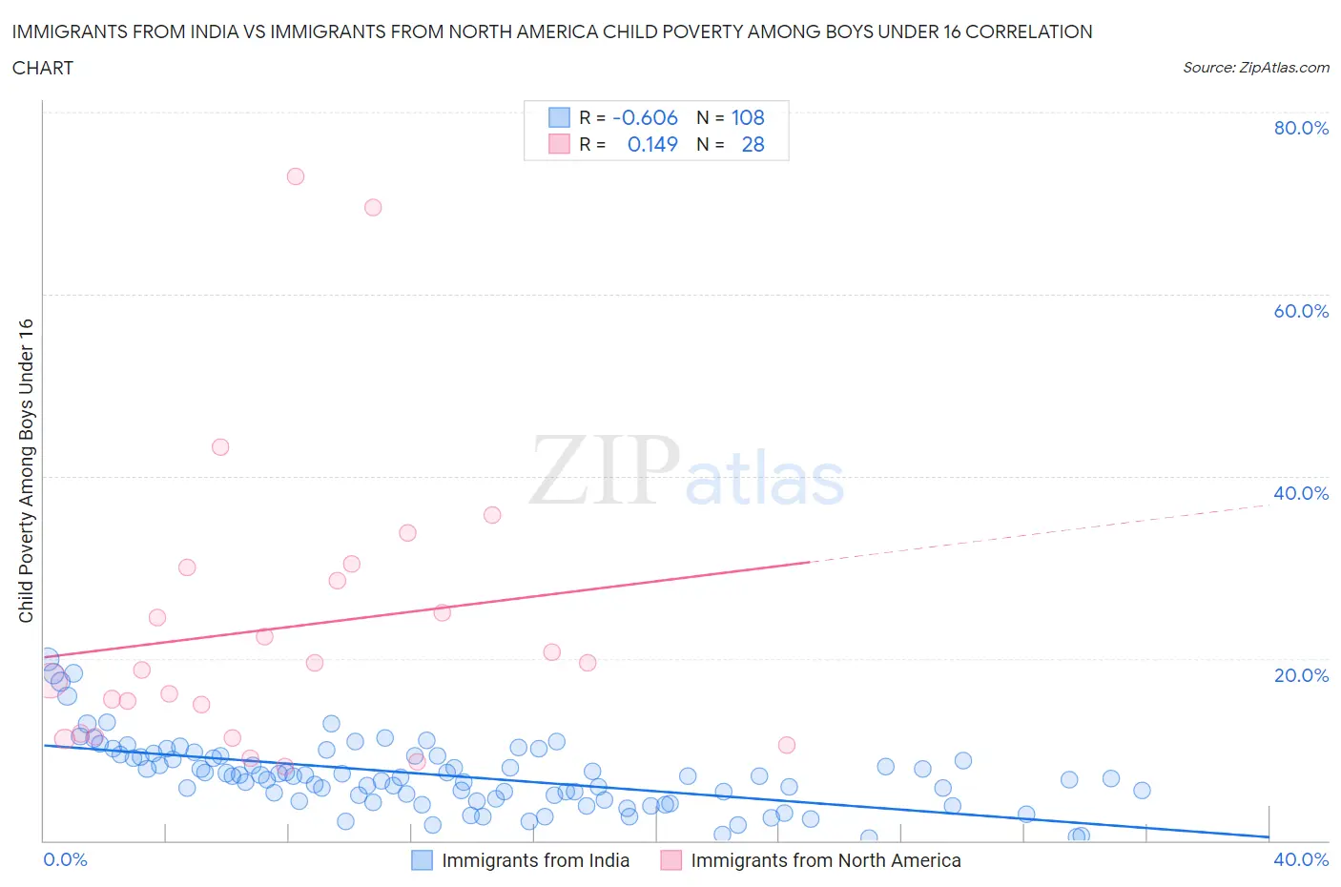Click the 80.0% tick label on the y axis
click(x=1300, y=128)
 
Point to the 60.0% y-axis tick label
click(x=1300, y=311)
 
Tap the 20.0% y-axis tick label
click(x=1300, y=675)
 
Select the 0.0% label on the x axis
click(x=65, y=859)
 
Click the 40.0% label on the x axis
click(x=1300, y=859)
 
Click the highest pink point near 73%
click(x=296, y=176)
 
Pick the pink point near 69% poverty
click(x=373, y=207)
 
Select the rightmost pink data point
click(x=787, y=745)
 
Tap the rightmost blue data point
click(x=1142, y=790)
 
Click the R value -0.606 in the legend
click(x=645, y=117)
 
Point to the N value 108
click(x=748, y=117)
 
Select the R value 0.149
click(x=652, y=144)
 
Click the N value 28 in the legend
click(x=753, y=144)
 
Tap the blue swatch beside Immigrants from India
click(x=422, y=860)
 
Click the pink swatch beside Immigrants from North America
click(x=670, y=860)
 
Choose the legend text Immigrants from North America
click(x=825, y=860)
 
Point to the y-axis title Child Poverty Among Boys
click(x=26, y=470)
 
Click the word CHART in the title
click(x=43, y=68)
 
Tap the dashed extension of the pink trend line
click(x=1040, y=532)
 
